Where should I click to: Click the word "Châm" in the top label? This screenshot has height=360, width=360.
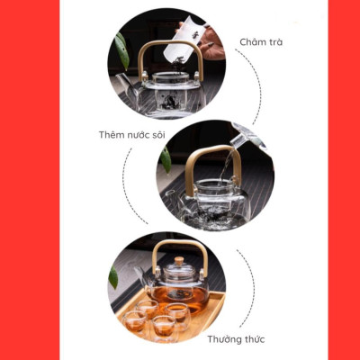tap(254, 42)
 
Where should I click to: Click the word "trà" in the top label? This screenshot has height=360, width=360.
tap(279, 42)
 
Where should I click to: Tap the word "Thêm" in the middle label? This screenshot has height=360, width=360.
tap(113, 135)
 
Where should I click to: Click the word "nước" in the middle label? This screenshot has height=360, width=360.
tap(144, 135)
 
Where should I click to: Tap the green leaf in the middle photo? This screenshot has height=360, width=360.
tap(166, 159)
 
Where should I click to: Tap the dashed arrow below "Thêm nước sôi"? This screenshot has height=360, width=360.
tap(130, 189)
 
